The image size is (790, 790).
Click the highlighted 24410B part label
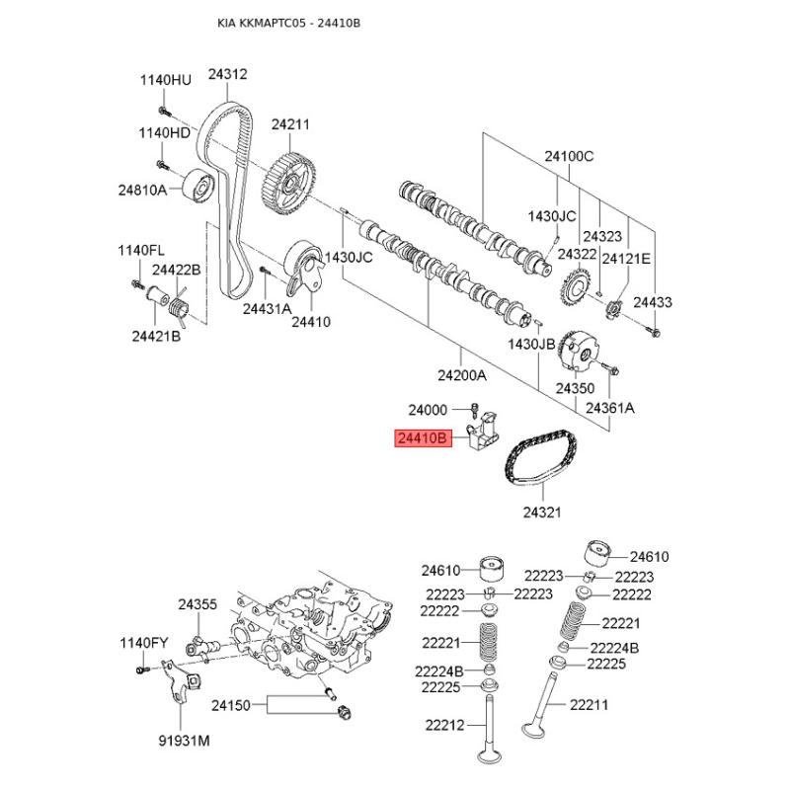pos(423,438)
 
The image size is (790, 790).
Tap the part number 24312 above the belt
pos(228,74)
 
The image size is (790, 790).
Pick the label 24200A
pos(462,375)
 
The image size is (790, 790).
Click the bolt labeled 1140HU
pos(164,111)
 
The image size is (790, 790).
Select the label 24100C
pos(569,156)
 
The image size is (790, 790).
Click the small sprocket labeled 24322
pos(576,289)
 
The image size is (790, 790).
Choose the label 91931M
pos(184,741)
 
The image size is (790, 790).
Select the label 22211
pos(589,705)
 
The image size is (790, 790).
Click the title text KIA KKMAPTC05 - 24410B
pos(288,23)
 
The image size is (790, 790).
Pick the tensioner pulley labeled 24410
pos(304,268)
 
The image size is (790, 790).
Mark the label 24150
pos(231,705)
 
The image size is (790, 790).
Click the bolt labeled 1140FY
pos(141,670)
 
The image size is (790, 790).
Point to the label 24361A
pos(609,408)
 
